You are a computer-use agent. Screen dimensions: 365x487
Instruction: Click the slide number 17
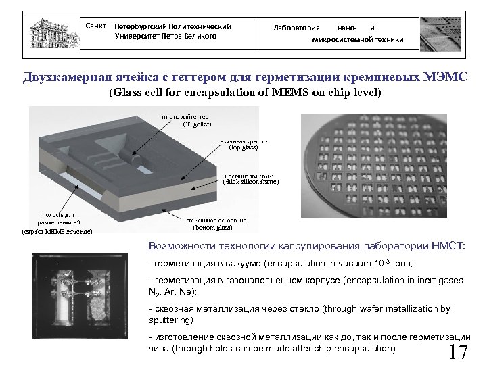[458, 351]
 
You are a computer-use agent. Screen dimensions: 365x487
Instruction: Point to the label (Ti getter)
[198, 125]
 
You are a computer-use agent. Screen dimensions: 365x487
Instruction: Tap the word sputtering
[171, 320]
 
